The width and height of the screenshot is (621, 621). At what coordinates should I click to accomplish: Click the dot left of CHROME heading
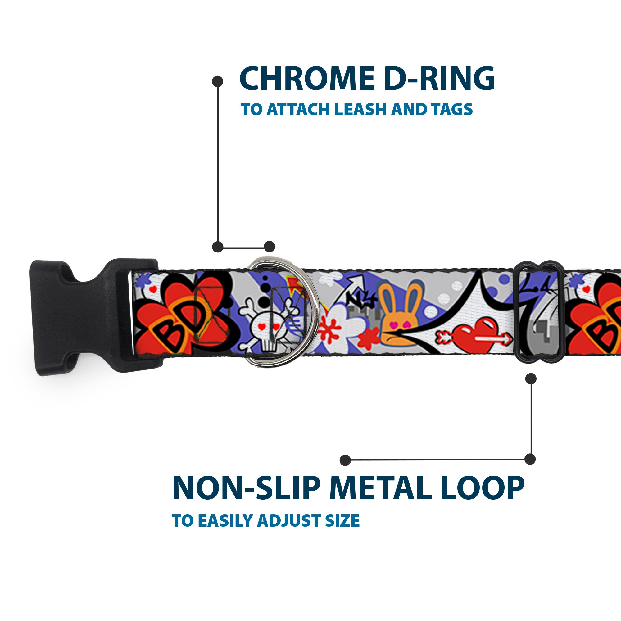[218, 81]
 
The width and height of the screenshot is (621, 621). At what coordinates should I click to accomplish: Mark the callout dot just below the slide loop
[531, 378]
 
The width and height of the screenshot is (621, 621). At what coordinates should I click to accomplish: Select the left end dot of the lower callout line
[345, 460]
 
